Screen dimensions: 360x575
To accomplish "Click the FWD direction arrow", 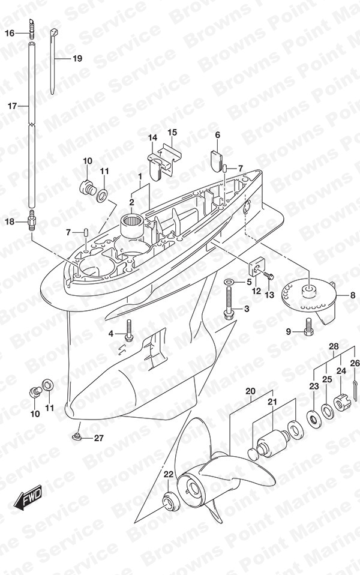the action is click(28, 498).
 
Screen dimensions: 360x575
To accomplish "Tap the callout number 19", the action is click(77, 58).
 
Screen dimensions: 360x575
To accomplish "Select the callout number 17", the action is click(12, 106).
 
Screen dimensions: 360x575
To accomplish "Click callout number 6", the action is click(218, 135).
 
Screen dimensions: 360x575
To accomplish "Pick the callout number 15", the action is click(172, 132).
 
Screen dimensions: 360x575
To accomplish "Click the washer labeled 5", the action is click(240, 282).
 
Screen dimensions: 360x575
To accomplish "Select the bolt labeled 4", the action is click(128, 330).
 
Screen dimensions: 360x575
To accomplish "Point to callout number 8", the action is click(353, 295).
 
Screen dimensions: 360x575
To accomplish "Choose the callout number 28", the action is click(334, 346).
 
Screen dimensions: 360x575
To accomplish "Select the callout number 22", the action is click(168, 475).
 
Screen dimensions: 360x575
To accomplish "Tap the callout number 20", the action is click(250, 391).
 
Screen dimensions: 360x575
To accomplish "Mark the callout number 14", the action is click(152, 137).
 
